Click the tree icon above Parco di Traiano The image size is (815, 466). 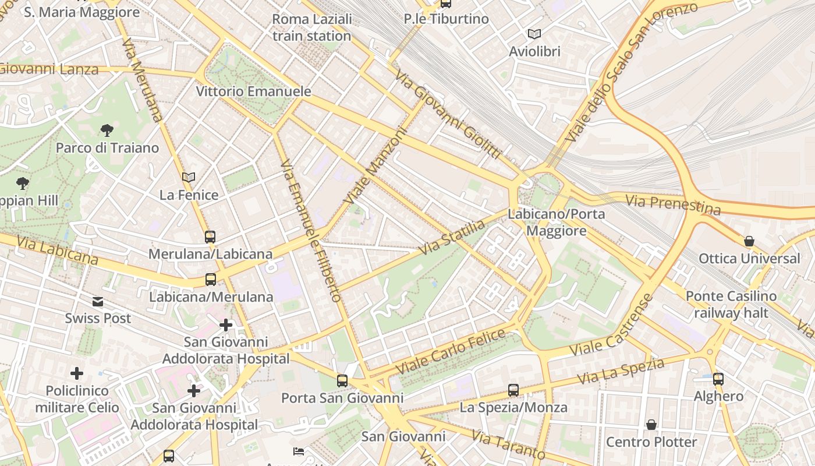107,130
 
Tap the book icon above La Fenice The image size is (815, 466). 188,177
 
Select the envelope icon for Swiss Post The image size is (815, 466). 98,301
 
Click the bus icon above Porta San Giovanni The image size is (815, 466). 342,381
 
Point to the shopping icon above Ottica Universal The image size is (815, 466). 749,241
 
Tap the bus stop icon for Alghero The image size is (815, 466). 718,379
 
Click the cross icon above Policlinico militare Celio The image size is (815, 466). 77,373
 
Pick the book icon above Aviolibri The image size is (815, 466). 534,34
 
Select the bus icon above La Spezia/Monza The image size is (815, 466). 513,390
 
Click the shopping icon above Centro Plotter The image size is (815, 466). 651,425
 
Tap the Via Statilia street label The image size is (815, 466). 452,238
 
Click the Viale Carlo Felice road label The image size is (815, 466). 451,352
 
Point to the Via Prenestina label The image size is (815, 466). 673,204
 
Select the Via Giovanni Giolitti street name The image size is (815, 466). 447,114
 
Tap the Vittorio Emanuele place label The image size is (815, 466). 253,91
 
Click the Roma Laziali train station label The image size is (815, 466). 312,27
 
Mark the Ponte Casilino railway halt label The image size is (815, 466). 731,304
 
